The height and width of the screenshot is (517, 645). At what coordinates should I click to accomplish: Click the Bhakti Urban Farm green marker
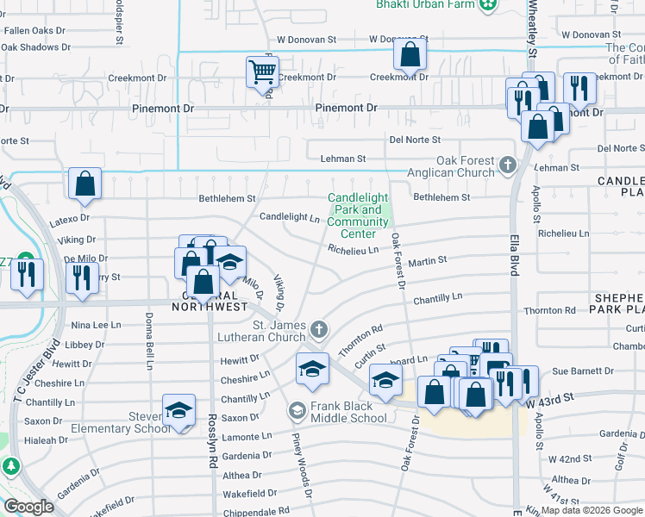[x=489, y=4]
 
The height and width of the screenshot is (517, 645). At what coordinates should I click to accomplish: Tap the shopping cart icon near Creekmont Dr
[x=262, y=72]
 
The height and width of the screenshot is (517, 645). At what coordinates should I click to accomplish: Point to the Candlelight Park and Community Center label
[x=359, y=215]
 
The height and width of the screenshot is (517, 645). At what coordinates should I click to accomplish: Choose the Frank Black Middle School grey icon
[x=297, y=410]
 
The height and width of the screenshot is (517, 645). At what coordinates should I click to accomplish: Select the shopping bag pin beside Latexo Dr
[x=85, y=184]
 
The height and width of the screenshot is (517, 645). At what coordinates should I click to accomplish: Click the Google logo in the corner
[x=28, y=507]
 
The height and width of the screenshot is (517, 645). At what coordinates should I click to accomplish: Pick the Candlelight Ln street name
[x=290, y=217]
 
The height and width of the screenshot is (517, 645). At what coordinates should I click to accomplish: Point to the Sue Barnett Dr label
[x=583, y=371]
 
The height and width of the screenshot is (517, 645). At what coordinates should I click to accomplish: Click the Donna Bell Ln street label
[x=144, y=328]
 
